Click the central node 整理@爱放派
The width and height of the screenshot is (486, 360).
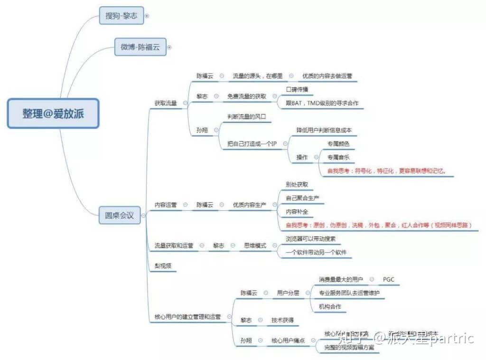click(x=53, y=114)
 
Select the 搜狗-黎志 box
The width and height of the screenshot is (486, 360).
click(x=121, y=16)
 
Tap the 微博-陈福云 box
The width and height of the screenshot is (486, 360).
click(x=140, y=47)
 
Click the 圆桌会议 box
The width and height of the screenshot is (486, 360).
click(x=119, y=215)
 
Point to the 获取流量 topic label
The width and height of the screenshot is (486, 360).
click(x=165, y=103)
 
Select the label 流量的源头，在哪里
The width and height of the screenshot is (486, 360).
click(x=257, y=76)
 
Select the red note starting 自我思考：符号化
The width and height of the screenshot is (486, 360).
click(x=386, y=171)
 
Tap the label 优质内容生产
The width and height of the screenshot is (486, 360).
click(x=249, y=205)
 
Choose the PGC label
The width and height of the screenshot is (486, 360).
click(x=388, y=279)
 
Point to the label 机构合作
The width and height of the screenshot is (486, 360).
click(x=330, y=306)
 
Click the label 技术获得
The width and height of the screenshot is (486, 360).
click(x=282, y=320)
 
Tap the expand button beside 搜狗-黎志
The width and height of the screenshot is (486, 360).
click(x=147, y=16)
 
